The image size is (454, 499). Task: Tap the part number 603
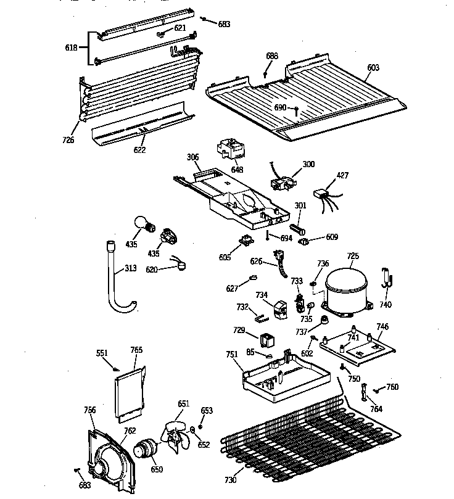coord(373,68)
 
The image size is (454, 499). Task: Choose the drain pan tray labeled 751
coord(278,376)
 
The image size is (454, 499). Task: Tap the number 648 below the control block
coord(237,170)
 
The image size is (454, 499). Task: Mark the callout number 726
coord(68,140)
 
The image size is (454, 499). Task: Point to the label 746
coord(382,326)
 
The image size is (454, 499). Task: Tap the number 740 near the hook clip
coord(386,304)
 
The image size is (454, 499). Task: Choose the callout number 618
coord(71,47)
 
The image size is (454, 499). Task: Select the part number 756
coord(90,410)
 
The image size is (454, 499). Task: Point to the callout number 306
coord(193,158)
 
